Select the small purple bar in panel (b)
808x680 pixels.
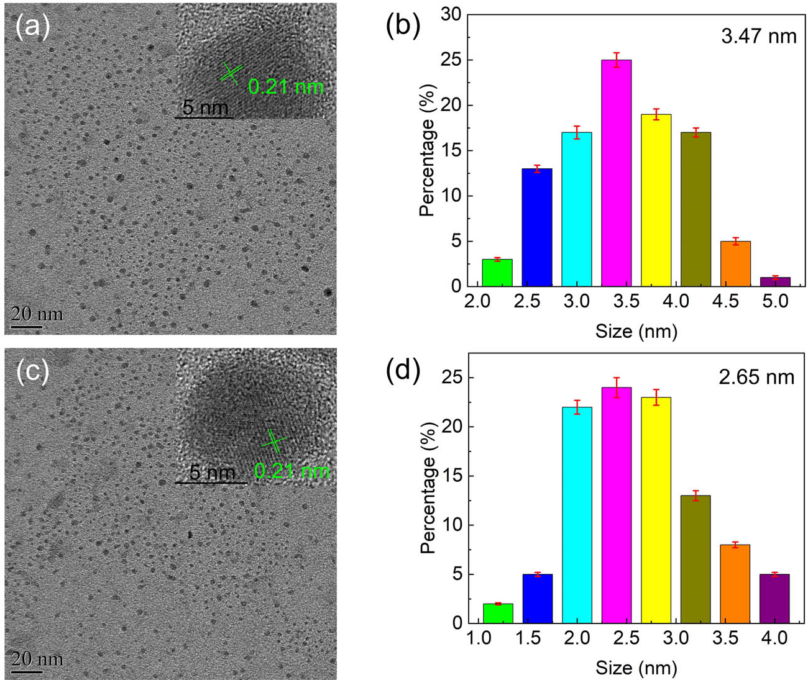(775, 281)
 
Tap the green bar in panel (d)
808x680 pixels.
(498, 613)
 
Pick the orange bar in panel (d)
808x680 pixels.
(735, 584)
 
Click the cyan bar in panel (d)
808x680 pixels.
(577, 515)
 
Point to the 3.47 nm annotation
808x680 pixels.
(758, 36)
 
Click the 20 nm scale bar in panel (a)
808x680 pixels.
(27, 326)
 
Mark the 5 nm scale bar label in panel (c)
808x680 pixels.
(212, 473)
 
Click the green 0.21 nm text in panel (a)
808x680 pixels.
(285, 86)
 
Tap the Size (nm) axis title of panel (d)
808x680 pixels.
(636, 668)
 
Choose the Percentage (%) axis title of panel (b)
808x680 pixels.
(427, 167)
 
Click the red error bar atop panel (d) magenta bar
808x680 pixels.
(616, 387)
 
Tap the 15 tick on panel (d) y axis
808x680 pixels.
(452, 476)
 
